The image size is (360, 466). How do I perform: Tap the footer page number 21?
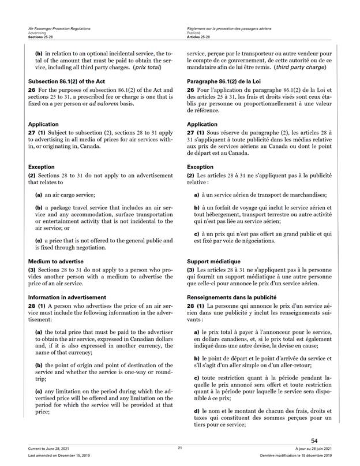[180, 448]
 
